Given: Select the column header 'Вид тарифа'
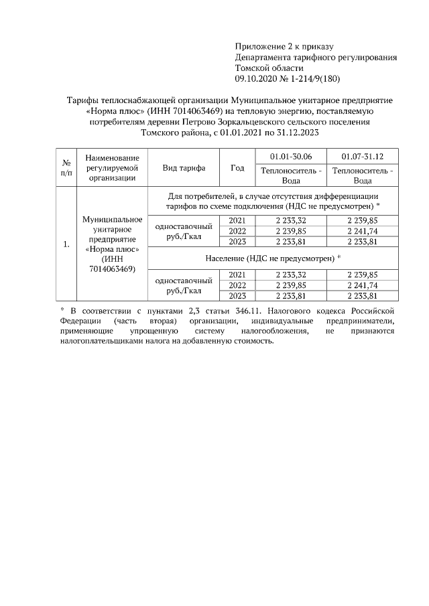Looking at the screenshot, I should coord(184,168).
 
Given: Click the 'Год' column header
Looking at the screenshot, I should coord(237,168).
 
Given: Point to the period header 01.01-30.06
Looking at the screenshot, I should coord(290,156).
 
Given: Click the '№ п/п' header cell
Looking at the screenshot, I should coord(66,168).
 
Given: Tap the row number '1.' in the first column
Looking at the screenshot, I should coord(66,244).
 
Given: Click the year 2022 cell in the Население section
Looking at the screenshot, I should coord(237,285).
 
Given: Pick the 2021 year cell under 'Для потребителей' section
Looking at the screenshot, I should coord(237,220).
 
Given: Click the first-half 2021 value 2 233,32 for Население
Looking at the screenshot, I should coord(290,275).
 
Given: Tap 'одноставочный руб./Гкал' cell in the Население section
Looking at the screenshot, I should coord(184,285).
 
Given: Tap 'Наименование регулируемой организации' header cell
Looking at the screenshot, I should coord(112,168).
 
